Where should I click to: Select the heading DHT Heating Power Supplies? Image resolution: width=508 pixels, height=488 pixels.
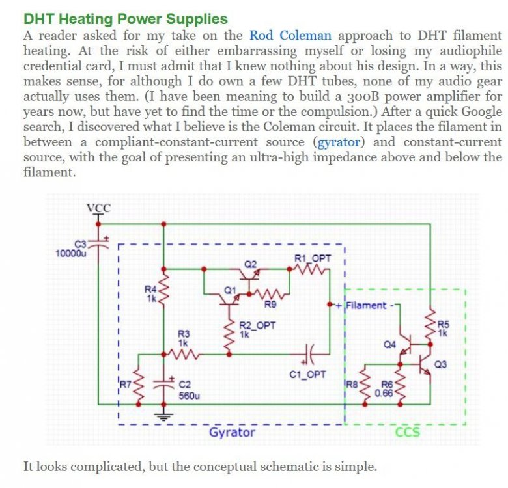(126, 20)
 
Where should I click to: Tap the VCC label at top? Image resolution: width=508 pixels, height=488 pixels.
(99, 208)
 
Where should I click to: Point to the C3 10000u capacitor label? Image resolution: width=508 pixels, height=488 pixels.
(72, 249)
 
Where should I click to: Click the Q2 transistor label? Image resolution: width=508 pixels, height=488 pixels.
(251, 264)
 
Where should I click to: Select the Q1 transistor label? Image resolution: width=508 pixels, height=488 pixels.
(229, 289)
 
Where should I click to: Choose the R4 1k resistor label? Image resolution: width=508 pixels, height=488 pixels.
(150, 294)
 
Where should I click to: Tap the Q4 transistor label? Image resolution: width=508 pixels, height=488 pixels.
(389, 344)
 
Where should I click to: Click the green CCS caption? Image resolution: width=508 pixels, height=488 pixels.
(408, 432)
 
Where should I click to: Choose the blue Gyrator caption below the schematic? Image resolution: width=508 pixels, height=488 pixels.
(232, 432)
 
